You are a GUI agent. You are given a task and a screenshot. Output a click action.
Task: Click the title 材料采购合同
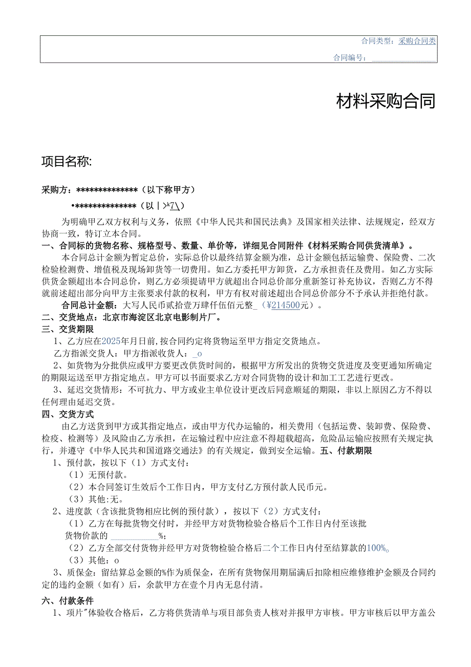point(386,102)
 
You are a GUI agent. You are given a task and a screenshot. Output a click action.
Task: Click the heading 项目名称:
point(66,162)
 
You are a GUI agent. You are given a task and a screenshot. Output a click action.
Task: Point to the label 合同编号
point(349,57)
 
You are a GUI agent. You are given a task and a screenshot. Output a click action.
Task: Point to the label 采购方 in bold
point(56,190)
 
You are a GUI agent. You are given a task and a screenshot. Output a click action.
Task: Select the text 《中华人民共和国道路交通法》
point(146,451)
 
